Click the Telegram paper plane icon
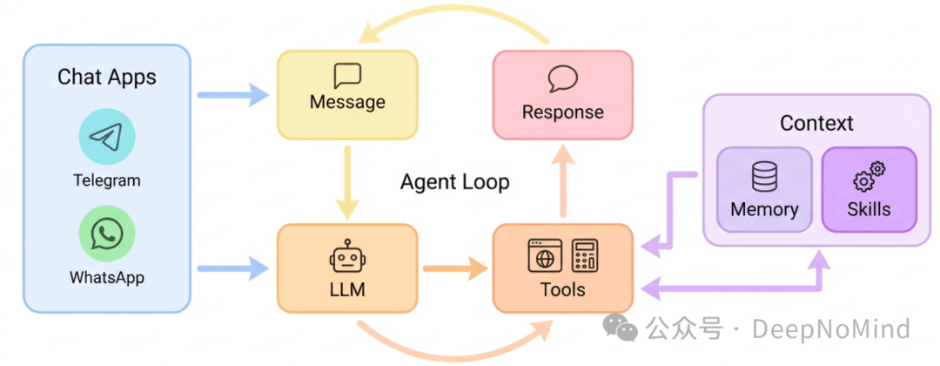point(107,138)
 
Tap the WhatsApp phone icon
point(107,234)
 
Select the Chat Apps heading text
point(107,77)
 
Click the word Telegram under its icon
point(107,181)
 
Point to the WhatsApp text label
point(107,278)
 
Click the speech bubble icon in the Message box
point(347,76)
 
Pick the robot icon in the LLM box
point(347,258)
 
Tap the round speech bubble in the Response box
point(562,79)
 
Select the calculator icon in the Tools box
point(584,255)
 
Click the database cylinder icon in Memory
point(764,178)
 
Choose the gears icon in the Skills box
point(869,177)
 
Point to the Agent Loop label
point(454,182)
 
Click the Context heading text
point(816,123)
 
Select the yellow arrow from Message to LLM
point(347,181)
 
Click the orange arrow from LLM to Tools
point(454,268)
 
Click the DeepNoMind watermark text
point(831,329)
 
